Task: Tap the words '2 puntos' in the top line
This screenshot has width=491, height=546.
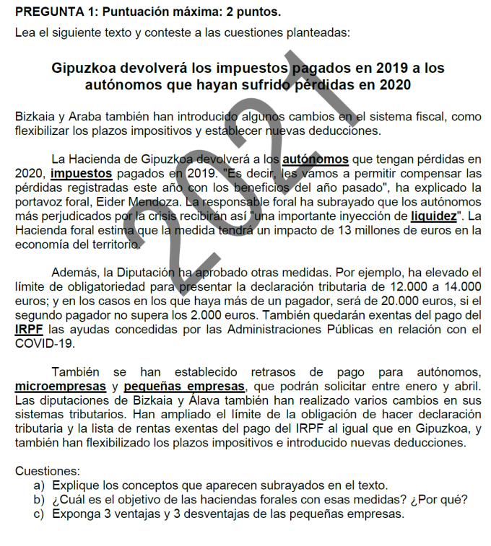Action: (256, 12)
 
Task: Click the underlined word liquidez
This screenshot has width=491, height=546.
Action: (433, 216)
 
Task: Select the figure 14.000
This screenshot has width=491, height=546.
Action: (459, 287)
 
